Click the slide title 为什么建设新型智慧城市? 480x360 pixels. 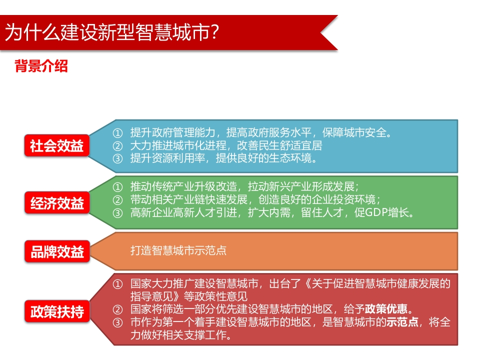[x=112, y=32]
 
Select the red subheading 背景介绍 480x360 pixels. [x=41, y=66]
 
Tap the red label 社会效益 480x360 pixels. [x=57, y=145]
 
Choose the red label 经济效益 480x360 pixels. [x=57, y=202]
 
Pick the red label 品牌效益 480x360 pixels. [x=57, y=251]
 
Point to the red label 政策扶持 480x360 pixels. [x=57, y=311]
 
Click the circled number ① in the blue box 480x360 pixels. [x=117, y=133]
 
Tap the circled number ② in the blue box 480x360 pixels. [x=117, y=145]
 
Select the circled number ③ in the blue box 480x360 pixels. [x=117, y=158]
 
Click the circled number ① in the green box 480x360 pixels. [x=117, y=186]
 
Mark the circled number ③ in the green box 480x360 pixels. [x=117, y=213]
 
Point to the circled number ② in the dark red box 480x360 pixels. [x=117, y=309]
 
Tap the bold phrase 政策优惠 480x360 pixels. [x=386, y=309]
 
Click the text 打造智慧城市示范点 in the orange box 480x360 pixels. [x=178, y=250]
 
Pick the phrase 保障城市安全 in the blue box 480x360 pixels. [x=354, y=132]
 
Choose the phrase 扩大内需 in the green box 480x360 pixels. [x=269, y=212]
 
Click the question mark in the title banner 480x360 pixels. [x=215, y=32]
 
